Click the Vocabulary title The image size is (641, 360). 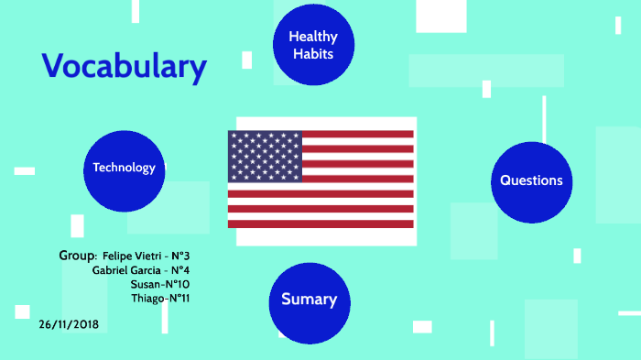[x=125, y=67]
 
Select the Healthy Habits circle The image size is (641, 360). [x=313, y=45]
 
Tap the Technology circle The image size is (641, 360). [x=125, y=171]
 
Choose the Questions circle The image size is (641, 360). [x=531, y=182]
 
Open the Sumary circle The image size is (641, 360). [x=310, y=303]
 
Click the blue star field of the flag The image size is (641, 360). [x=265, y=157]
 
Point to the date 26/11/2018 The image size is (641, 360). [x=69, y=324]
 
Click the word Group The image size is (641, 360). [x=77, y=256]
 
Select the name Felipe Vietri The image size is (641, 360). [x=132, y=256]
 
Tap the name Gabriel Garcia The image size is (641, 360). [x=126, y=270]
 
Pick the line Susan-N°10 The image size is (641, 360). [x=160, y=284]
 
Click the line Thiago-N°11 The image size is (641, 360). [x=160, y=299]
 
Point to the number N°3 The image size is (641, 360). [x=180, y=256]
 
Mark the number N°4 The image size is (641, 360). [x=180, y=270]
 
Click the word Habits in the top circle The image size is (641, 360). [x=313, y=54]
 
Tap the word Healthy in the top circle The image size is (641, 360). [x=313, y=37]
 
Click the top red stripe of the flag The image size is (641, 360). [x=358, y=134]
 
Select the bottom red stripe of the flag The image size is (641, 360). [x=320, y=224]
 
